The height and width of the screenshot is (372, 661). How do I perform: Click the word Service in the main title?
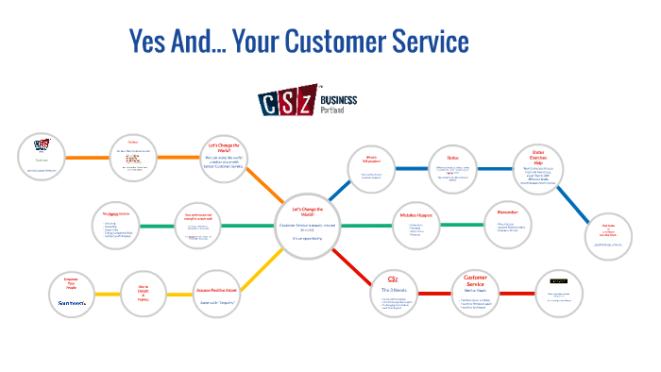pyautogui.click(x=425, y=42)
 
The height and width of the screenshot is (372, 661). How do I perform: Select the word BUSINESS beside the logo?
pyautogui.click(x=340, y=98)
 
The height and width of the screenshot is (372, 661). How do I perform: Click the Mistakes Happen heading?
pyautogui.click(x=409, y=213)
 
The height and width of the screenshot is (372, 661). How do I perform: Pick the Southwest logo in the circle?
pyautogui.click(x=71, y=302)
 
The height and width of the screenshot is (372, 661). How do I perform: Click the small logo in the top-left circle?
pyautogui.click(x=42, y=144)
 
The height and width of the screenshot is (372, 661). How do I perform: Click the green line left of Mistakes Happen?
pyautogui.click(x=350, y=226)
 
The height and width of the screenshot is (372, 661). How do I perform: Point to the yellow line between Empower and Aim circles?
pyautogui.click(x=107, y=294)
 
